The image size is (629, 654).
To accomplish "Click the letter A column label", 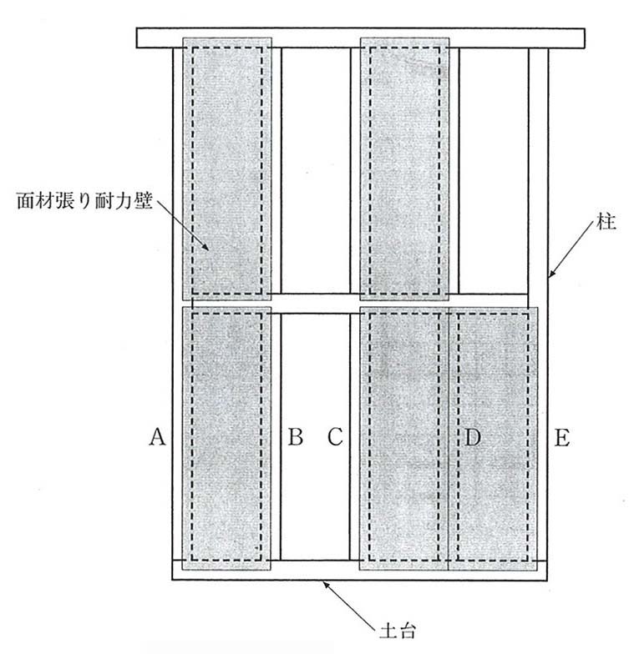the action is pos(155,436).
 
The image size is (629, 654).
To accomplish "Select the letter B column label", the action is pos(295,436).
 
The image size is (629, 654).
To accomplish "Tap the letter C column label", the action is pos(335,436).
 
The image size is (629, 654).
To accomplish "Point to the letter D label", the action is pos(473,436).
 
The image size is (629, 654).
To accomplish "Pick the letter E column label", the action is pos(562,436).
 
